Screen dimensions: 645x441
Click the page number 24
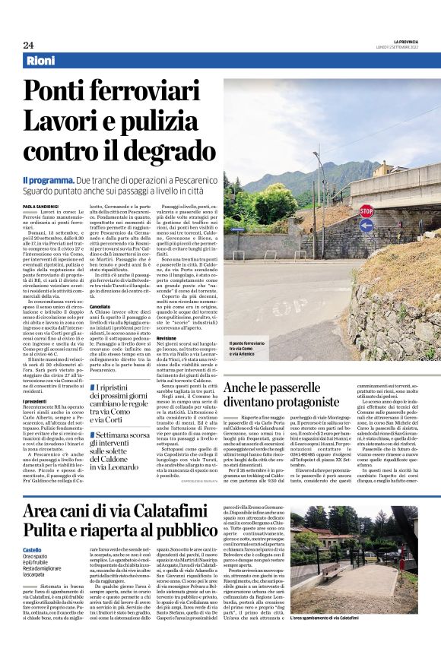tap(28, 45)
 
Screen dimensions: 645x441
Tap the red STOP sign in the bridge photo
tap(366, 210)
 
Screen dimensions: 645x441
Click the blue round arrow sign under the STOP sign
tap(366, 226)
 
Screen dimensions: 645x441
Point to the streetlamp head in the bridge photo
tap(317, 154)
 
